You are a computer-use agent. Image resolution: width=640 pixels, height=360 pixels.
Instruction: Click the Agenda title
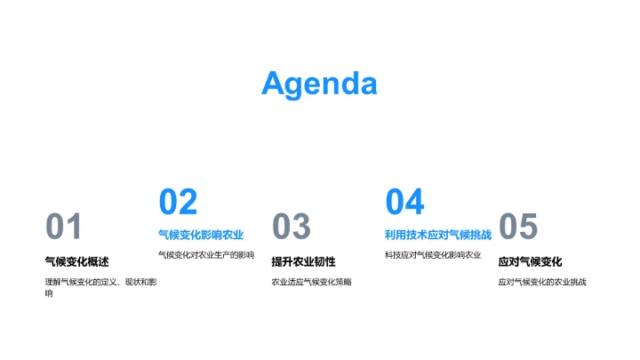pyautogui.click(x=319, y=84)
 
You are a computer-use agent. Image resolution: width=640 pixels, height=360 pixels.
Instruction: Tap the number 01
pyautogui.click(x=63, y=228)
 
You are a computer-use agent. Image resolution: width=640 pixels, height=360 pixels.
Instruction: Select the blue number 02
pyautogui.click(x=178, y=202)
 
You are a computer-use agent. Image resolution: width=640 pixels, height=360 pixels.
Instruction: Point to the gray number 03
pyautogui.click(x=291, y=228)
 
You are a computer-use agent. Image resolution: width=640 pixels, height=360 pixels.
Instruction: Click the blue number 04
pyautogui.click(x=404, y=202)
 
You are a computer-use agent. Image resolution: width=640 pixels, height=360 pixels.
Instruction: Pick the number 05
pyautogui.click(x=518, y=228)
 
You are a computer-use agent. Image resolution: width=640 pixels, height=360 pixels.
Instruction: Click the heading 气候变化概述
pyautogui.click(x=76, y=261)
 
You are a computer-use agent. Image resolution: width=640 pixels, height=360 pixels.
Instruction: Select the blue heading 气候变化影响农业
pyautogui.click(x=201, y=235)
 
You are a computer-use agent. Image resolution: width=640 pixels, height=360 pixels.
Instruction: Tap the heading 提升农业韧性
pyautogui.click(x=303, y=261)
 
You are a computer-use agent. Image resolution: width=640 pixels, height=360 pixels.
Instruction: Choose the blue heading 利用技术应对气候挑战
pyautogui.click(x=437, y=235)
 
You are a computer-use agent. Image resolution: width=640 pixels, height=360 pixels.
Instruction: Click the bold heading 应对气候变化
pyautogui.click(x=530, y=261)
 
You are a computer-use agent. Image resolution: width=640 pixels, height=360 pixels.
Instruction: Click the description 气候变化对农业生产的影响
pyautogui.click(x=205, y=255)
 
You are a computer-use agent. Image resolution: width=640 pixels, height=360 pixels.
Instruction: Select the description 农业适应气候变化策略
pyautogui.click(x=311, y=282)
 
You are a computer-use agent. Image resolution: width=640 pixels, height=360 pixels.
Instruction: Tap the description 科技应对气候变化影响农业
pyautogui.click(x=432, y=255)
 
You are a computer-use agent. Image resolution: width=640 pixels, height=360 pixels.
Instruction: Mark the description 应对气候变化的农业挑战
pyautogui.click(x=542, y=282)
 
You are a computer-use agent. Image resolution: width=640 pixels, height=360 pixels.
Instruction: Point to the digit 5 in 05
pyautogui.click(x=528, y=228)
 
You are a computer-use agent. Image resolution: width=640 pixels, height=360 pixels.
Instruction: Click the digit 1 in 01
pyautogui.click(x=74, y=228)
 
